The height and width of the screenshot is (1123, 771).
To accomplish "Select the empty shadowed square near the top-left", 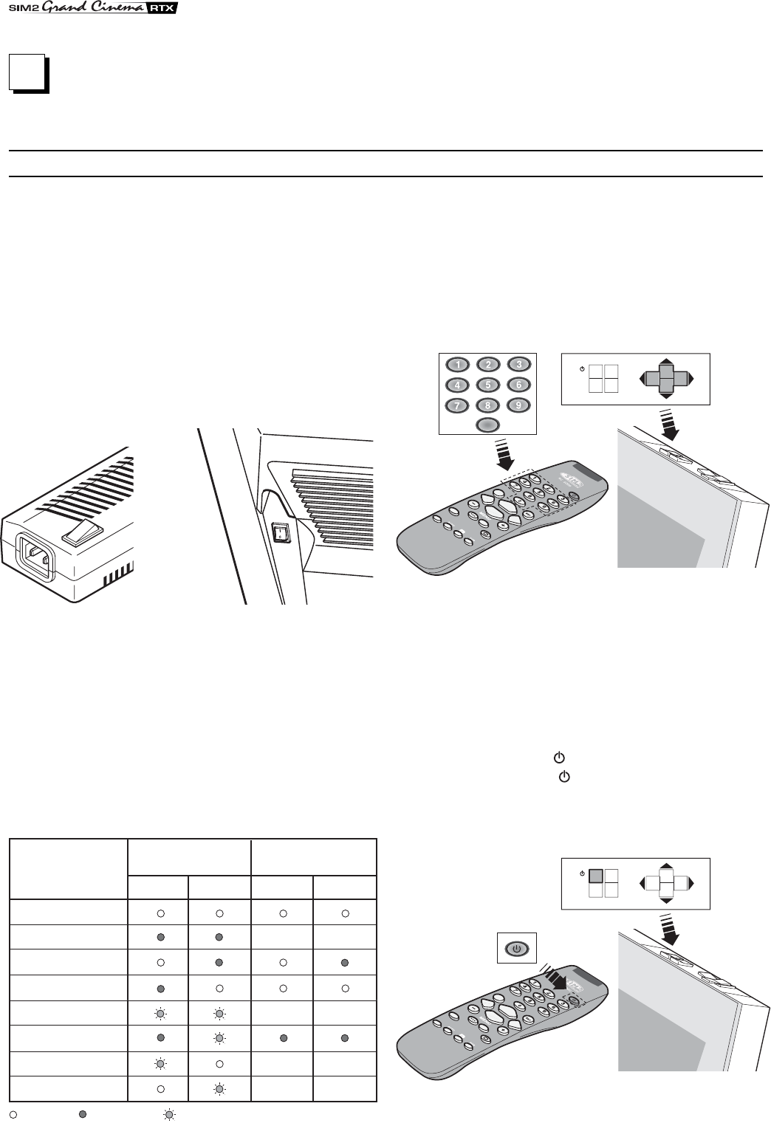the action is tap(27, 73).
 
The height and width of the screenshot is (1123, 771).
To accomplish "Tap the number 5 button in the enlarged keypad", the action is tap(487, 385).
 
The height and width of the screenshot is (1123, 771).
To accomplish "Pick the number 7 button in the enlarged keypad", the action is tap(458, 405).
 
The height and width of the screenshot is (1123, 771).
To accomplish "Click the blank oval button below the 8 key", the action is tap(487, 424).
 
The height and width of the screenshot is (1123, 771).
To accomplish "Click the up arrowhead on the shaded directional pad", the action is tap(665, 362).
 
